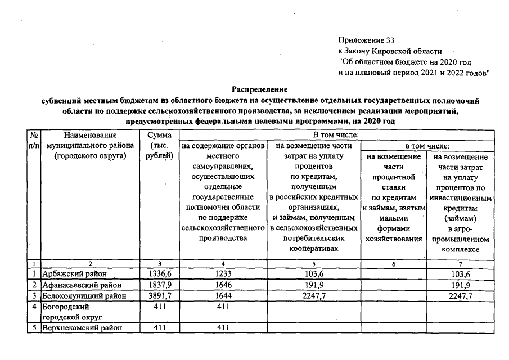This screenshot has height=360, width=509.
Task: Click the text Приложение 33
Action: pyautogui.click(x=367, y=40)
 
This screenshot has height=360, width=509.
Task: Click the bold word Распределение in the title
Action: pyautogui.click(x=260, y=89)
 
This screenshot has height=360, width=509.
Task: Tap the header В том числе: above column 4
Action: pyautogui.click(x=336, y=134)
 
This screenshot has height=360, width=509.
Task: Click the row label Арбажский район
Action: pyautogui.click(x=74, y=274)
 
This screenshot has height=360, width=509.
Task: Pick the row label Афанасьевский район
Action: pyautogui.click(x=82, y=285)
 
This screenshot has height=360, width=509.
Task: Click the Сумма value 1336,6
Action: pyautogui.click(x=159, y=274)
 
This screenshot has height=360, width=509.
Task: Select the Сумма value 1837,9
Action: pyautogui.click(x=159, y=285)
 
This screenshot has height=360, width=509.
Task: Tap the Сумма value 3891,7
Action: pyautogui.click(x=159, y=295)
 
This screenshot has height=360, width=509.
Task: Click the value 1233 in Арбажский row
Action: pyautogui.click(x=223, y=274)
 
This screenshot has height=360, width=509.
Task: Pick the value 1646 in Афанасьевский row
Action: pyautogui.click(x=223, y=285)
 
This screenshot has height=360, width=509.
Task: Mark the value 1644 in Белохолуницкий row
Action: pyautogui.click(x=223, y=295)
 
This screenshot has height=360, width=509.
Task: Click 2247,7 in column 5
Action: pyautogui.click(x=313, y=295)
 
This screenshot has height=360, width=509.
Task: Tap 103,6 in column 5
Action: pyautogui.click(x=313, y=274)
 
